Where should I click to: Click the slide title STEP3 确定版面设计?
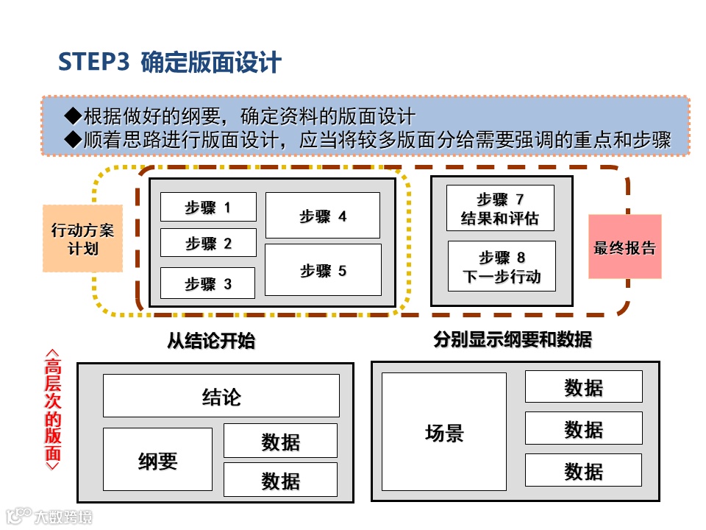(x=169, y=63)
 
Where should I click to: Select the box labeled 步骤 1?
(x=208, y=207)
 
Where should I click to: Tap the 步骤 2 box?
(x=208, y=243)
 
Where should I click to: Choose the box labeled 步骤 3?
(x=208, y=283)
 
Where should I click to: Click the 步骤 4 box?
(x=322, y=216)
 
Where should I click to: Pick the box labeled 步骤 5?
(x=323, y=270)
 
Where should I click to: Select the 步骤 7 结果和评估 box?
(x=500, y=208)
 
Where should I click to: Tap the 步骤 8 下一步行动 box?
(x=502, y=266)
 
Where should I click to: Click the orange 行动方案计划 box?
(x=82, y=239)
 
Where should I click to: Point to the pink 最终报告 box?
(x=624, y=247)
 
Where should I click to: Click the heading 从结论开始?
(x=211, y=341)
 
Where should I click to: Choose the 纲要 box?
(x=157, y=460)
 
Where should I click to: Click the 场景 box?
(x=444, y=431)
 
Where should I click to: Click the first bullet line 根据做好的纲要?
(x=240, y=116)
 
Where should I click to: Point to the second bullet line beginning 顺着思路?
(x=368, y=140)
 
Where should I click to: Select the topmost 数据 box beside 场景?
(x=583, y=386)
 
